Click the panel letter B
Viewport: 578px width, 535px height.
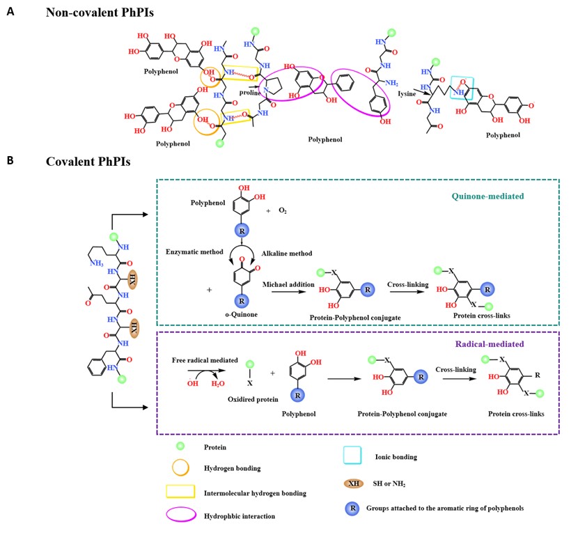click(9, 160)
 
